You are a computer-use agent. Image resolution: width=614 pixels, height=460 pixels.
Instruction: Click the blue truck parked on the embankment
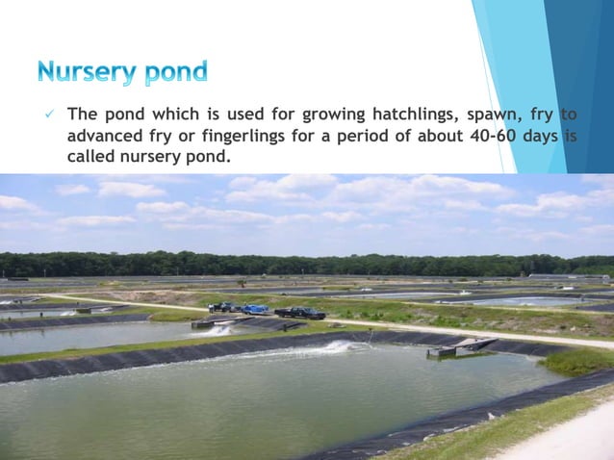click(255, 309)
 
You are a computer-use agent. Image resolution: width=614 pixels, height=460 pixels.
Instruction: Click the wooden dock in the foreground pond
click(462, 345)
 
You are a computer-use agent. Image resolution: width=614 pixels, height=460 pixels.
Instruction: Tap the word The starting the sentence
click(81, 115)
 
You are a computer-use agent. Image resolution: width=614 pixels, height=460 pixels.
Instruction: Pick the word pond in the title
click(171, 72)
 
